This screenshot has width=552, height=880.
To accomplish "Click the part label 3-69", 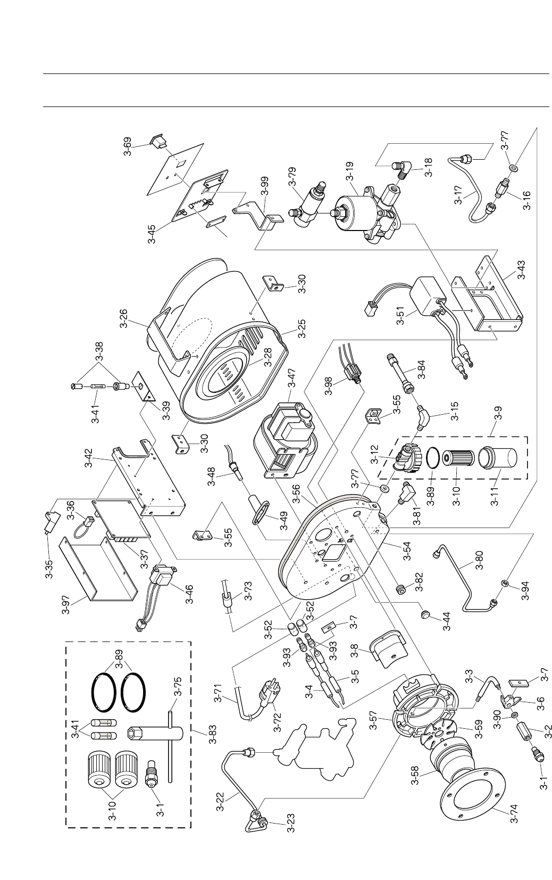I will pos(128,145).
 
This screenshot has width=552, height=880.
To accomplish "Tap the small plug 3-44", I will pos(425,614).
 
